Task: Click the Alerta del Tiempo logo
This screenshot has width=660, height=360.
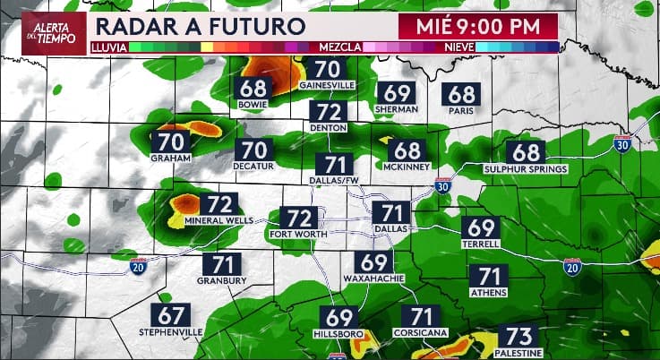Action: coord(44,32)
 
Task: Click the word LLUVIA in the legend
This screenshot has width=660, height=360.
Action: coord(108,46)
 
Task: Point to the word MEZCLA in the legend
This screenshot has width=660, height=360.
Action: coord(339,46)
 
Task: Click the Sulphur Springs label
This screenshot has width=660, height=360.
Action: coord(526,168)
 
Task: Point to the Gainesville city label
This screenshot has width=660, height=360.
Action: coord(328,85)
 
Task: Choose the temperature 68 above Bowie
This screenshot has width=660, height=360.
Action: coord(254,89)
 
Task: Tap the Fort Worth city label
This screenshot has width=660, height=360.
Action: coord(299,235)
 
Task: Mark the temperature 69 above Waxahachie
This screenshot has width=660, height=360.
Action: coord(375,262)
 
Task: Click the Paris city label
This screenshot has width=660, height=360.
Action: coord(462,111)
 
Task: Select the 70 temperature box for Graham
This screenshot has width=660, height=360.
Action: coord(171,141)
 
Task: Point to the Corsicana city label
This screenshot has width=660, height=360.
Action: coord(421,332)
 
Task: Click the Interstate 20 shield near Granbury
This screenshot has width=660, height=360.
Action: coord(138,266)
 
